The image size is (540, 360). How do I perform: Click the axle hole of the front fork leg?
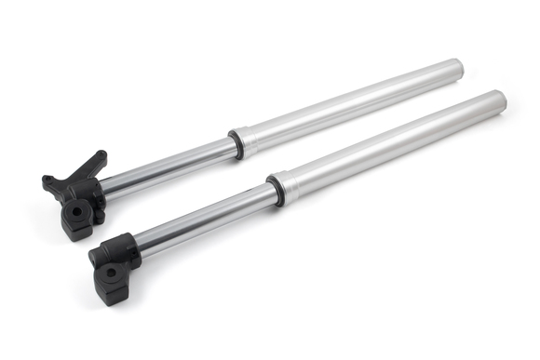pos(110,273)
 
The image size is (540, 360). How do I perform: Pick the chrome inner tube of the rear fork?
pos(168,167)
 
